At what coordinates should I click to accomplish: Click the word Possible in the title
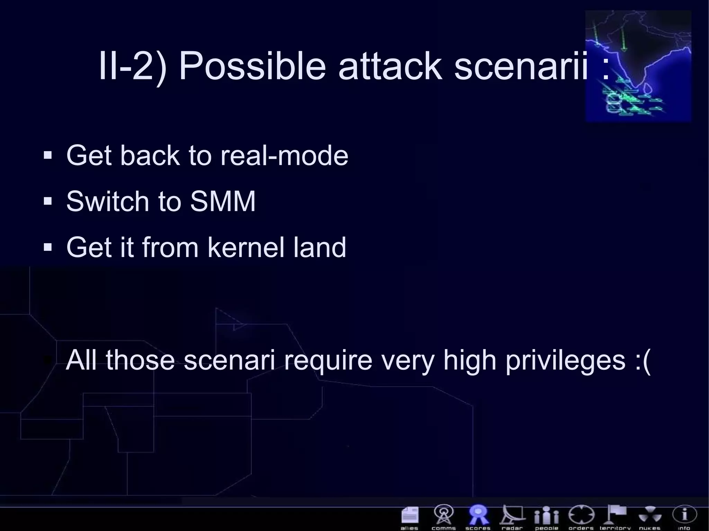tap(252, 66)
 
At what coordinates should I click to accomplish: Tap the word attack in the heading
tap(390, 66)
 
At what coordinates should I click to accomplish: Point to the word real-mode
tap(284, 156)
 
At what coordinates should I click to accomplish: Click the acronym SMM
tap(223, 201)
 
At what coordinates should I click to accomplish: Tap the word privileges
tap(565, 360)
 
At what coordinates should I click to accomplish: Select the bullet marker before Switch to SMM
tap(48, 201)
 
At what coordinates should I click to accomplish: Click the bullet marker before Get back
tap(48, 155)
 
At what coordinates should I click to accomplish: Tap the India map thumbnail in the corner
tap(638, 66)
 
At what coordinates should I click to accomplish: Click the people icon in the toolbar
tap(546, 515)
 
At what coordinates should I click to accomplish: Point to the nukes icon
tap(650, 515)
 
